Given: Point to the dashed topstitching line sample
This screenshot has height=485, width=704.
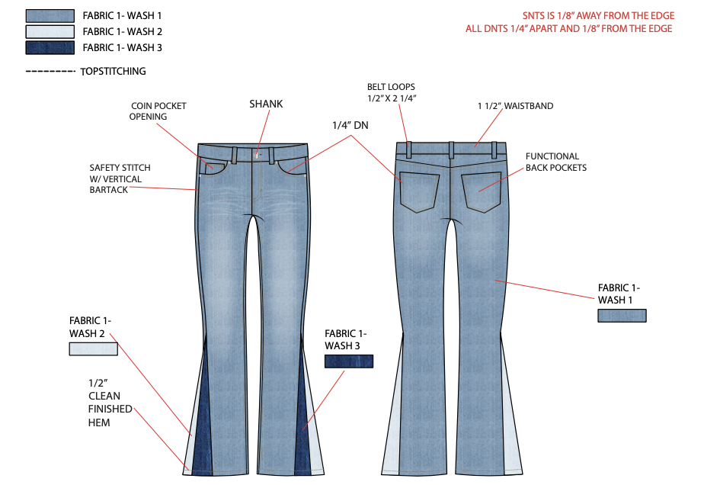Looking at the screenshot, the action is tap(50, 72).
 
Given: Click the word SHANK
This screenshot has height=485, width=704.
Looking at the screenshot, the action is tap(266, 104).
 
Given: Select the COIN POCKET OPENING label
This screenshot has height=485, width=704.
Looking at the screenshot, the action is tap(158, 111).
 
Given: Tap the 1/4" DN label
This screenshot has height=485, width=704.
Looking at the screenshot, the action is tap(350, 125).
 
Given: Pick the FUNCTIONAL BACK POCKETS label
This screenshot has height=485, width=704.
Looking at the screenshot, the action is tap(556, 162).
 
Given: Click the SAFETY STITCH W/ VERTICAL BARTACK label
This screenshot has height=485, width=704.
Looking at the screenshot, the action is tap(120, 178).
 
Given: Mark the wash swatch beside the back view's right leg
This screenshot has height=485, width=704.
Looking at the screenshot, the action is tap(622, 316).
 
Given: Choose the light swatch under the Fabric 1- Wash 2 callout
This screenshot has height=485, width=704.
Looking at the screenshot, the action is tap(93, 349).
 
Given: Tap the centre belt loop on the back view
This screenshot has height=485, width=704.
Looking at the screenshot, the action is tap(452, 149).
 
